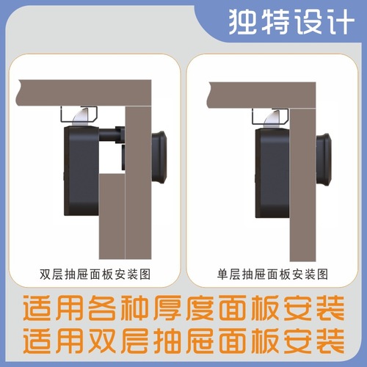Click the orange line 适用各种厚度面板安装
point(183,308)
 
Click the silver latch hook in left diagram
point(85,115)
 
